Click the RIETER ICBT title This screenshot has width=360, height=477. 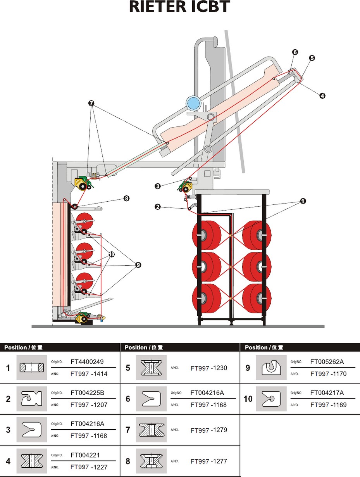[180, 7]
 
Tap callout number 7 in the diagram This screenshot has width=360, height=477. [91, 103]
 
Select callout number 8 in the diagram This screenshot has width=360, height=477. [126, 198]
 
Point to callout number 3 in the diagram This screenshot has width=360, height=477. [157, 186]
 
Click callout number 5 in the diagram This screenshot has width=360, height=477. [312, 58]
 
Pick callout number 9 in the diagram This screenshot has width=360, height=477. [138, 265]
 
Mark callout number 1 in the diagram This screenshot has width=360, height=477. [303, 201]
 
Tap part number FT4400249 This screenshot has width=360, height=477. [87, 362]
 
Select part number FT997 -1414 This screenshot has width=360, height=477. [89, 374]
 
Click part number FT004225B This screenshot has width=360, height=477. [87, 393]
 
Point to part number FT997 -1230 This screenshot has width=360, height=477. [209, 368]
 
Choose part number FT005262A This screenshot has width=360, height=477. [327, 362]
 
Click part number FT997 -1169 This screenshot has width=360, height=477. [329, 405]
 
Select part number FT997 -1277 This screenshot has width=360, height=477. [209, 461]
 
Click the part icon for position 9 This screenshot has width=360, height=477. [271, 367]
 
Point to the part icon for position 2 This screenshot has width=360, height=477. [31, 399]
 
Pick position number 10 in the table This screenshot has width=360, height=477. [248, 399]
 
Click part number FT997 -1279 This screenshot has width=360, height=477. [209, 430]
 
